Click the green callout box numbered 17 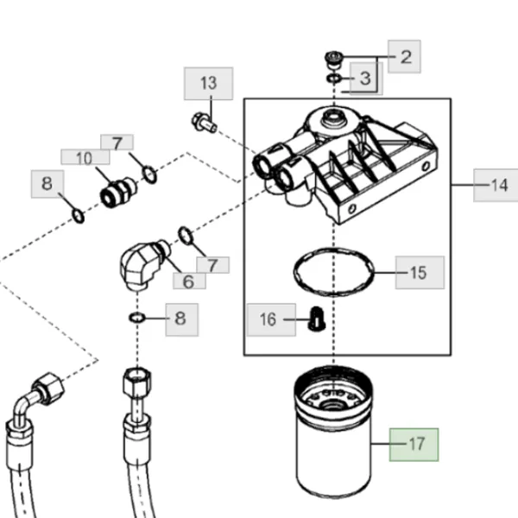tap(414, 445)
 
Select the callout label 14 tap(496, 185)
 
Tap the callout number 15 tap(420, 273)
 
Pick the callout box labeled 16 tap(272, 319)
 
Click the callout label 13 tap(208, 83)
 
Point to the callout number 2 tap(404, 56)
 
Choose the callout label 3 tap(366, 79)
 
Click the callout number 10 tap(85, 157)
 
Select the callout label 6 tap(189, 281)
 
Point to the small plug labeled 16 tap(317, 319)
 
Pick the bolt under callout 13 tap(204, 123)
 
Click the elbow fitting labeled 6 tap(142, 264)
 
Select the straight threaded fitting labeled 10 tap(118, 193)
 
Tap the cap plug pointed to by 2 tap(333, 60)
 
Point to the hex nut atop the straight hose tap(137, 382)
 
